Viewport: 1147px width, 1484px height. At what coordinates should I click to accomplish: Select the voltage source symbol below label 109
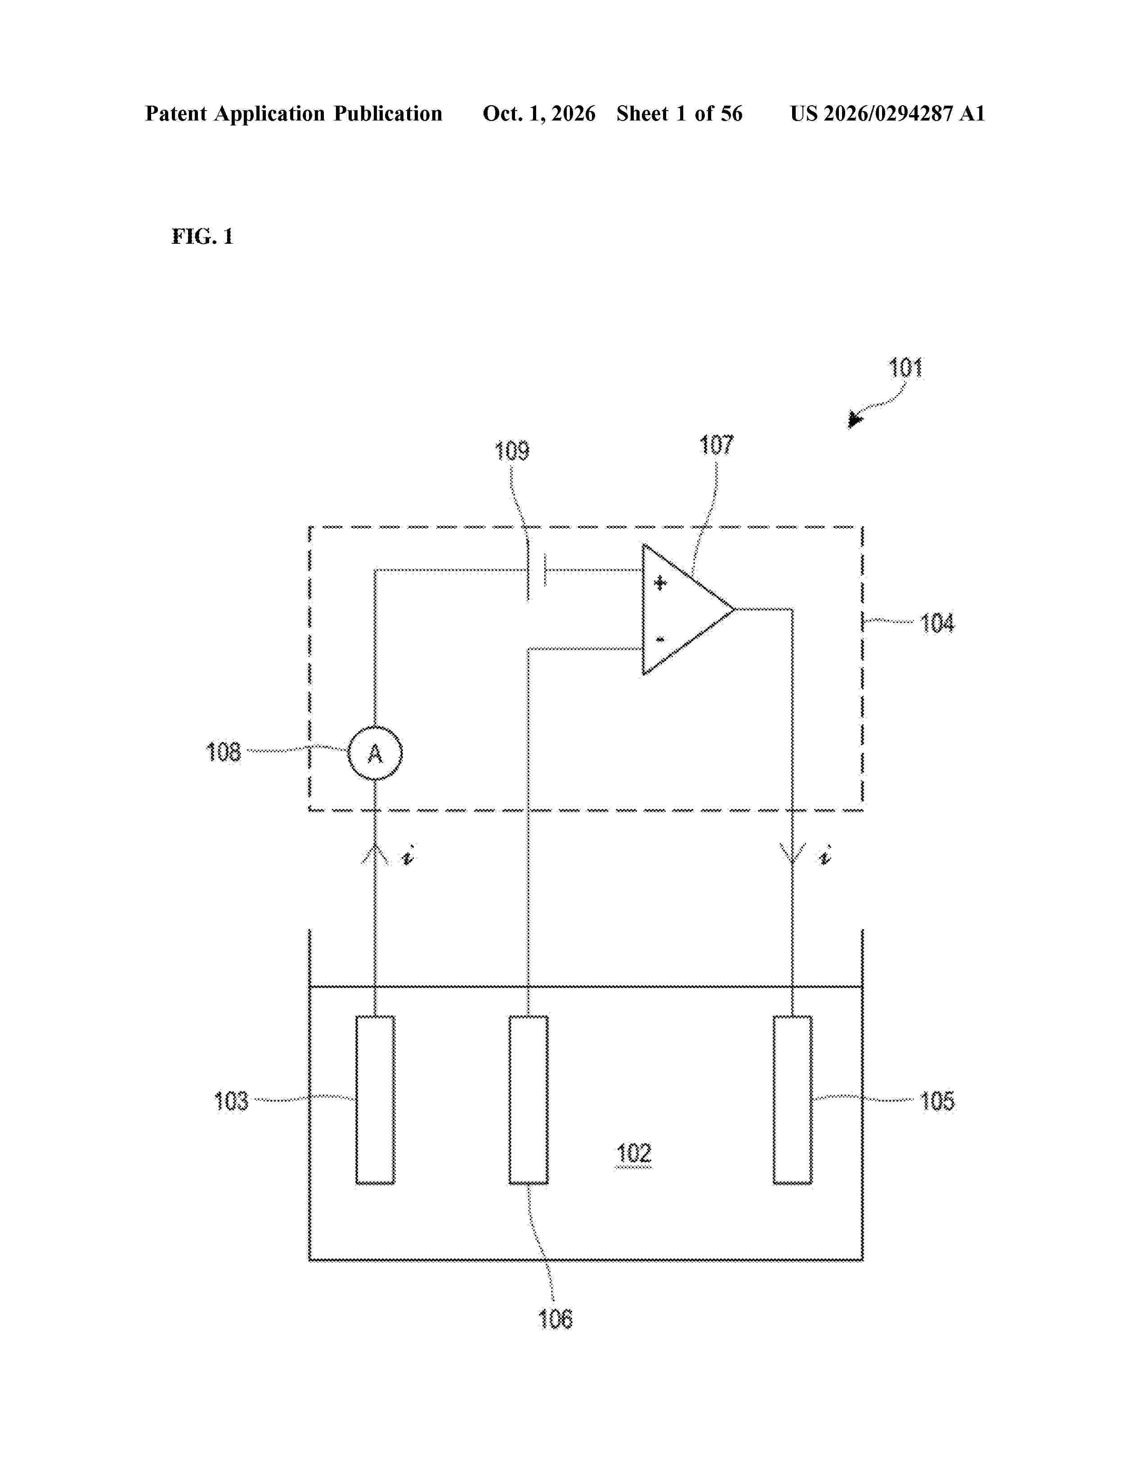tap(537, 571)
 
